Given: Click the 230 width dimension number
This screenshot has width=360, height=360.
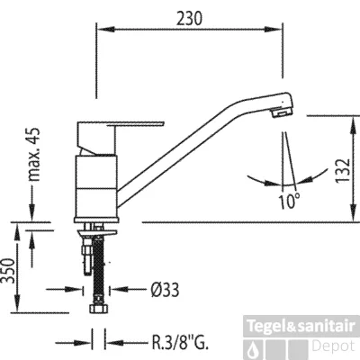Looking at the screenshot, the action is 190,19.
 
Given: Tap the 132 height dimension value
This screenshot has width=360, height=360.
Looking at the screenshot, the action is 343,169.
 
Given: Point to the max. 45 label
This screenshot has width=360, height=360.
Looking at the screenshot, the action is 33,155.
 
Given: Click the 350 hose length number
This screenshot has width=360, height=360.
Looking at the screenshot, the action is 8,271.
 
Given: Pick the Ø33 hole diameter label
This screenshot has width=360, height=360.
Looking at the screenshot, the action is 165,290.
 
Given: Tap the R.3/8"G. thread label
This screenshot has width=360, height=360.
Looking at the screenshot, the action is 180,343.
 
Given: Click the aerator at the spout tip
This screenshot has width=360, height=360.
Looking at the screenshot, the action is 281,113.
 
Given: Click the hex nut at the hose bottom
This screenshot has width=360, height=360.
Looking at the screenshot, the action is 98,309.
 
